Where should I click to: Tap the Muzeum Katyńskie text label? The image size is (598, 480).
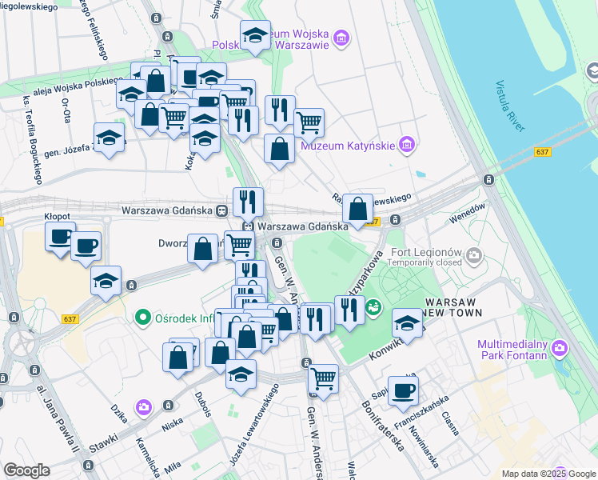[x=348, y=146]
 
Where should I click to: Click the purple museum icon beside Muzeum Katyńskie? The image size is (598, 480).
[x=406, y=145]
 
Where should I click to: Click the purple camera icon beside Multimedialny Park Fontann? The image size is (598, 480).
[x=559, y=349]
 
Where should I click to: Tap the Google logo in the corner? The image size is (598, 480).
[x=26, y=470]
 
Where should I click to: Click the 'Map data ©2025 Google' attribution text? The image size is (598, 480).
[x=548, y=474]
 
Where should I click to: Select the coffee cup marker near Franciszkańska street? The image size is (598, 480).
[x=403, y=390]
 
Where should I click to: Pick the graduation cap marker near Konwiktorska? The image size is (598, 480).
[x=407, y=324]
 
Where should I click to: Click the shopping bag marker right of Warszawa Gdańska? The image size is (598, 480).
[x=359, y=209]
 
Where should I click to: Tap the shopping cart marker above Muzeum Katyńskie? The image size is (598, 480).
[x=309, y=122]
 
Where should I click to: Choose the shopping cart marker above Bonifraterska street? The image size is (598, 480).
[x=323, y=378]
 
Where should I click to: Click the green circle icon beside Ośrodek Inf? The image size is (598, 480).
[x=143, y=318]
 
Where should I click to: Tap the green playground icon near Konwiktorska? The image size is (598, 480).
[x=372, y=306]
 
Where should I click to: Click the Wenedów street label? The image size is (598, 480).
[x=468, y=212]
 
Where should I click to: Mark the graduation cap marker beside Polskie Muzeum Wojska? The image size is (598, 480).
[x=255, y=35]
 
